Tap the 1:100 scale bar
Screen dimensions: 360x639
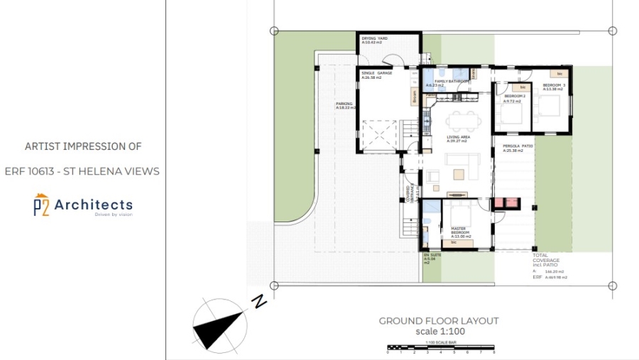pos(440,349)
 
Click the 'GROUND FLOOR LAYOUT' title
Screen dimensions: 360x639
pos(438,321)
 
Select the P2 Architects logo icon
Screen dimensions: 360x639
pos(41,204)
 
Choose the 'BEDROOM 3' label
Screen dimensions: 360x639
pos(553,87)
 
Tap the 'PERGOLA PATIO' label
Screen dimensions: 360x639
pos(518,148)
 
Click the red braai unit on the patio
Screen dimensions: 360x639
pos(508,203)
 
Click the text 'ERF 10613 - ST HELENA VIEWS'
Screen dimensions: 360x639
pos(82,171)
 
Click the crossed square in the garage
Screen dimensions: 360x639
pos(379,135)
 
